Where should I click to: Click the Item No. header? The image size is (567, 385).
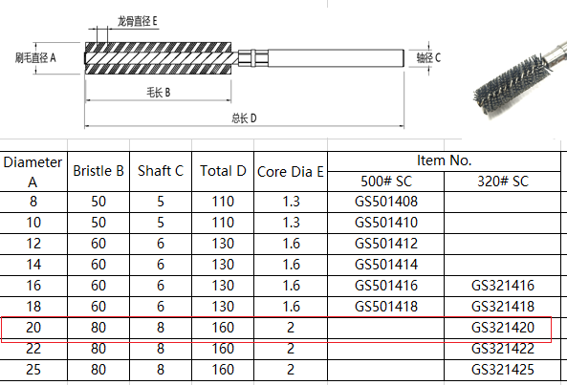[444, 160]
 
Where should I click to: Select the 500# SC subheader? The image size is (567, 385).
[386, 182]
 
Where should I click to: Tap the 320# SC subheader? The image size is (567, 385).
[503, 182]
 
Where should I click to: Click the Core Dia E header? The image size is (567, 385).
[291, 172]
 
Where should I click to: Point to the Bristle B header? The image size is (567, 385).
[98, 171]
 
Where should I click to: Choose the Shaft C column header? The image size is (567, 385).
[161, 171]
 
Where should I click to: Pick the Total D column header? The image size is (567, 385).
[223, 171]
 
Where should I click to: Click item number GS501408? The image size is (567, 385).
[386, 202]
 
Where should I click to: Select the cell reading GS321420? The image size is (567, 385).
[503, 328]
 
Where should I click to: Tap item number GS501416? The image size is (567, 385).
[386, 286]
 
